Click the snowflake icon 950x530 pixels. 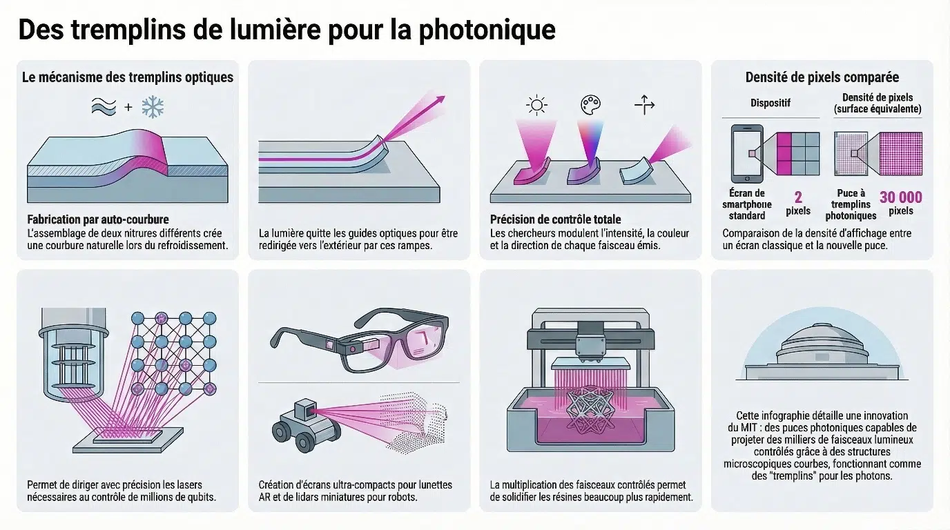(153, 106)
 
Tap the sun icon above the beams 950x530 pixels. (536, 105)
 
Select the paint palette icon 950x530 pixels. (590, 105)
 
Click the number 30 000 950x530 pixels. (901, 197)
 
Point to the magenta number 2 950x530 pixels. (798, 197)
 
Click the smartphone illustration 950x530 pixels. (747, 153)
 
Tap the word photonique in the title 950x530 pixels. (487, 30)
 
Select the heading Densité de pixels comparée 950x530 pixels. (822, 77)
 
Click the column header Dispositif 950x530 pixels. (770, 103)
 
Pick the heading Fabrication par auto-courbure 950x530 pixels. (98, 219)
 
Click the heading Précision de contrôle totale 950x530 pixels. (556, 219)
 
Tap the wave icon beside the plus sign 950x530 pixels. (104, 106)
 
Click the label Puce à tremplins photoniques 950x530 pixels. (851, 205)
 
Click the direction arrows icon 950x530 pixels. (644, 105)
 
